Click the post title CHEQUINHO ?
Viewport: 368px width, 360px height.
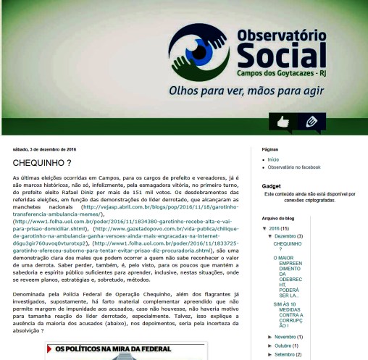[42, 163]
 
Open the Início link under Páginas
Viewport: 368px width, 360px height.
[274, 159]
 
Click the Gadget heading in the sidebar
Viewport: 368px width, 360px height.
[271, 186]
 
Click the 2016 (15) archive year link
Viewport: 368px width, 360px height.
[279, 228]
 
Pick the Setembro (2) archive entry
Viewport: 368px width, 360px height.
[288, 354]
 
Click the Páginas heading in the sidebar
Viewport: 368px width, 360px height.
[272, 148]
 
